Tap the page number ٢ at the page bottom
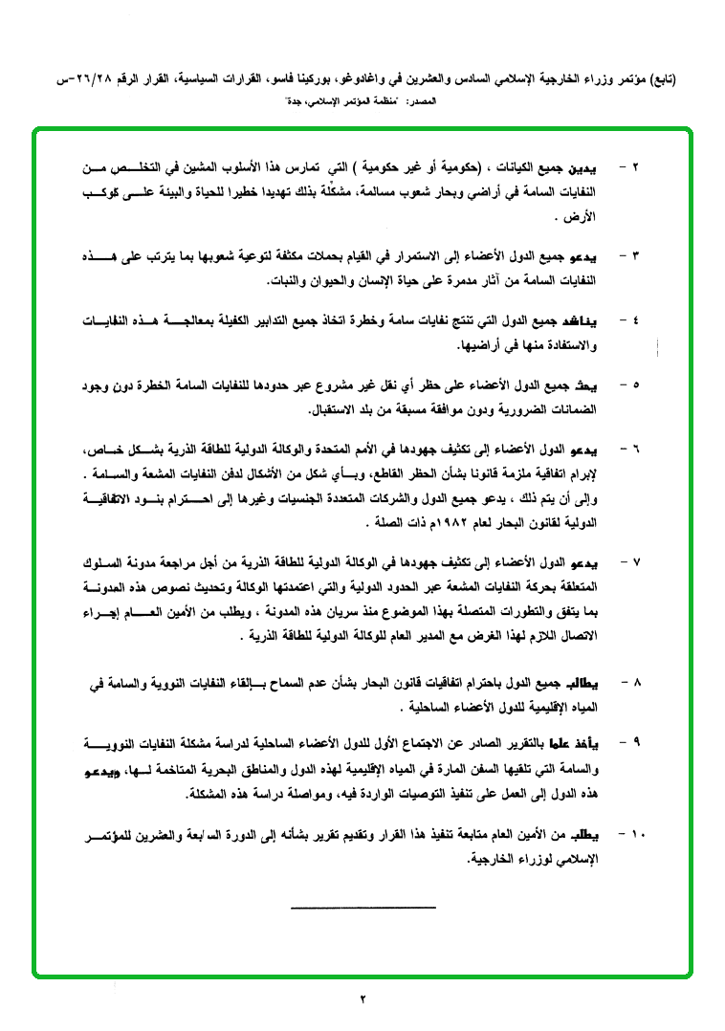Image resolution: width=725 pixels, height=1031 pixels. click(x=363, y=999)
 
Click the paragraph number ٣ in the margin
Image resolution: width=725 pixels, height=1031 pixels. click(x=635, y=257)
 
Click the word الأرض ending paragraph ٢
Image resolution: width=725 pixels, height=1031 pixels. click(x=582, y=216)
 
